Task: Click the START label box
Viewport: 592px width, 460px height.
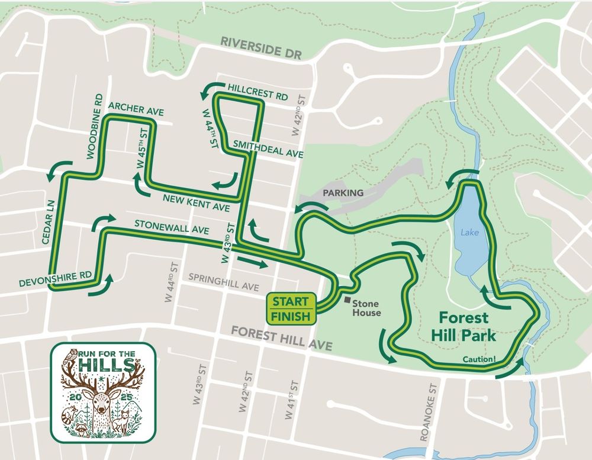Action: point(291,301)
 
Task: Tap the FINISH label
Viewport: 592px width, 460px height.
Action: point(291,317)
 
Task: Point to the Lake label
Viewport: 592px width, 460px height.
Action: point(470,233)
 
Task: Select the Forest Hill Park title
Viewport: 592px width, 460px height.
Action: point(463,326)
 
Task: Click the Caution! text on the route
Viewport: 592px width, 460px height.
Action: point(480,358)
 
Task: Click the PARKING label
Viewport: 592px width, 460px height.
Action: point(343,193)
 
